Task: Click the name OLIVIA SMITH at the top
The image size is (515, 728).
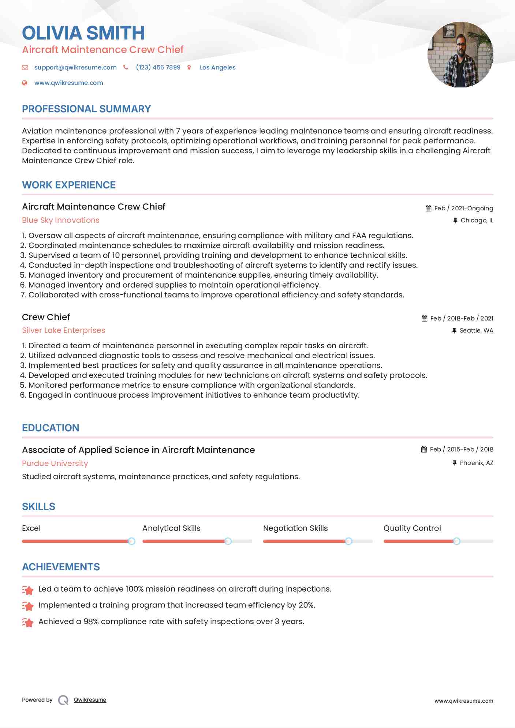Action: click(x=83, y=33)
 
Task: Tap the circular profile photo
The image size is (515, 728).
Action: click(x=460, y=55)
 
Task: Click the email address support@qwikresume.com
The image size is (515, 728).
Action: click(x=75, y=67)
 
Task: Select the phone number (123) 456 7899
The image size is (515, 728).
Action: click(x=158, y=67)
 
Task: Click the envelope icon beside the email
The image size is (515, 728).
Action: click(x=25, y=67)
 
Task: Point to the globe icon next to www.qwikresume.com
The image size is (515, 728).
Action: click(x=25, y=83)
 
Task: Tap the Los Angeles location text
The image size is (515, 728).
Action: click(x=217, y=67)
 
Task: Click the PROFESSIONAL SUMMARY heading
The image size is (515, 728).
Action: click(x=86, y=109)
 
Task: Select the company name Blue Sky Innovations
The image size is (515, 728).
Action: click(x=61, y=220)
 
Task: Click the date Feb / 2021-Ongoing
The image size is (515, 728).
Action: click(x=463, y=208)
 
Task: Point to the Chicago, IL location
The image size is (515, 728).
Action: click(x=477, y=220)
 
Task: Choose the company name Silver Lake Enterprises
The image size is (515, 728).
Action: click(x=64, y=330)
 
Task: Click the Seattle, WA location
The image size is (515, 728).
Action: click(x=476, y=330)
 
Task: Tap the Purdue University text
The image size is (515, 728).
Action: click(x=55, y=464)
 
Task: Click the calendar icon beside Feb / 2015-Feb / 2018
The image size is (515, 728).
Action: click(x=424, y=450)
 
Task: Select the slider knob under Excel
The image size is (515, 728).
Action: click(x=131, y=541)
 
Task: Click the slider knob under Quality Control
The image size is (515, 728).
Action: click(x=456, y=541)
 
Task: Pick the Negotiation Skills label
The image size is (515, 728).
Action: click(x=295, y=528)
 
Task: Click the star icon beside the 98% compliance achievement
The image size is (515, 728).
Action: click(x=28, y=622)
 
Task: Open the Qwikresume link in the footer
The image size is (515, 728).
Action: click(x=90, y=700)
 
